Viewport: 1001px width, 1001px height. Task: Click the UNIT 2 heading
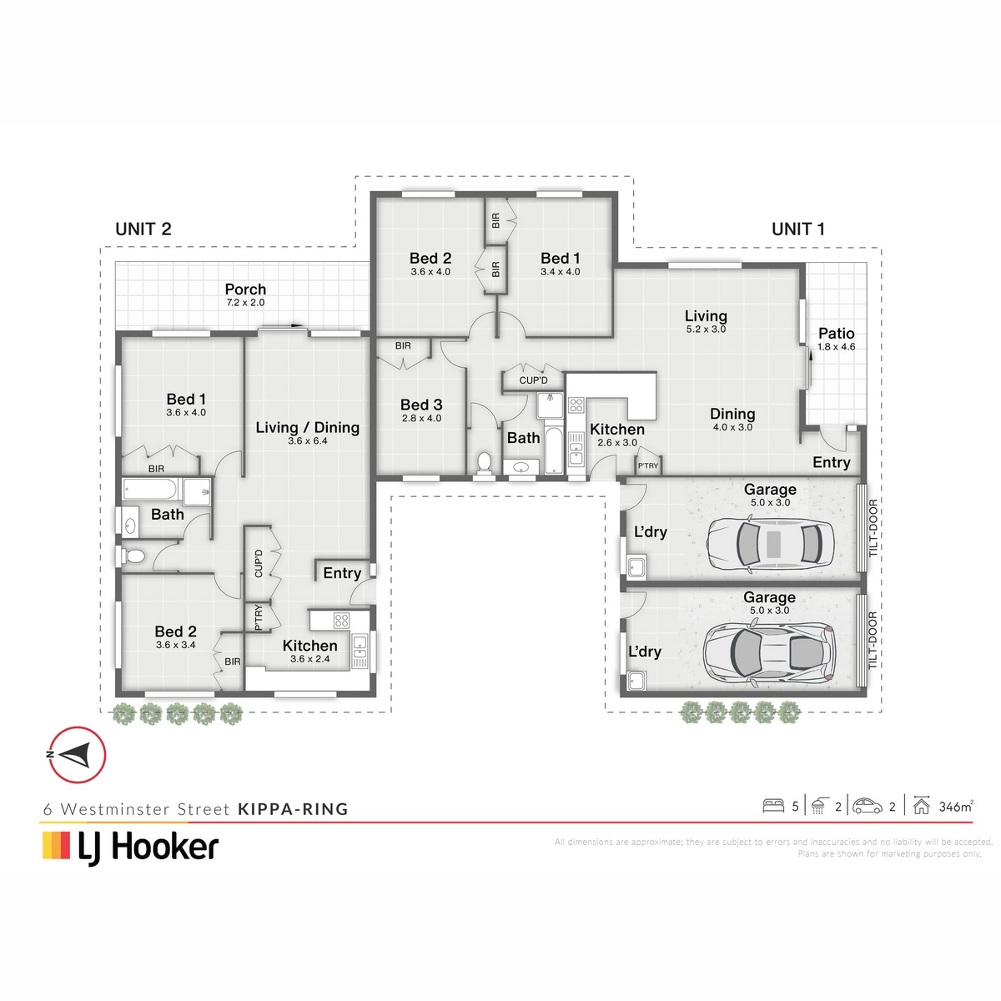click(143, 229)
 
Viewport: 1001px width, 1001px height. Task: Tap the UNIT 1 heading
click(798, 229)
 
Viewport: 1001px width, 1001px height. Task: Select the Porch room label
click(245, 289)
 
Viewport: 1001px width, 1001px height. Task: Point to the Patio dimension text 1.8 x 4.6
click(836, 347)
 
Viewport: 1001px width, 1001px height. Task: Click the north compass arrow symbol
click(77, 755)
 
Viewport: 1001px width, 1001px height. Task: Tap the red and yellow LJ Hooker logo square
click(56, 846)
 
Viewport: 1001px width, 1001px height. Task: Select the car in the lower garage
click(769, 653)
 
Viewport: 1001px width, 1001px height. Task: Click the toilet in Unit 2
click(133, 556)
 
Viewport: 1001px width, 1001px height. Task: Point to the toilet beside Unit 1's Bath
click(484, 463)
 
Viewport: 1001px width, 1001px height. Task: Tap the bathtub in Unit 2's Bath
click(150, 490)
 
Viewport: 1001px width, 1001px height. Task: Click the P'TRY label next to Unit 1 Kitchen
click(648, 466)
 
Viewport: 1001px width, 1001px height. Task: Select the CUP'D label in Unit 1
click(533, 380)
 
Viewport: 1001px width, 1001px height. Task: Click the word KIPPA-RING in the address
click(293, 809)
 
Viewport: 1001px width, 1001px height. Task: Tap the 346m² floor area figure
click(956, 806)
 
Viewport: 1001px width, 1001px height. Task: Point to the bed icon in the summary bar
click(773, 806)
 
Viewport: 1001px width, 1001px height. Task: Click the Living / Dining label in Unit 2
click(308, 428)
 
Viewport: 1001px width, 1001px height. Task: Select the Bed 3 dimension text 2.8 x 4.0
click(421, 418)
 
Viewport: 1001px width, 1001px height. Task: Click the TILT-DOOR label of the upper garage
click(873, 528)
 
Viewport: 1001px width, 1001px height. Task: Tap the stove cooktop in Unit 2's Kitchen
click(341, 620)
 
